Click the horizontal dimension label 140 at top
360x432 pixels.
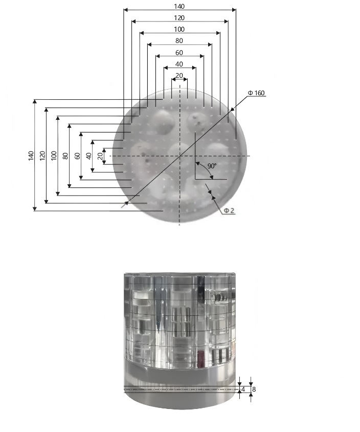point(179,6)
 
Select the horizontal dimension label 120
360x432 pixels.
point(179,18)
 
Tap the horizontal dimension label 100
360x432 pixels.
point(179,29)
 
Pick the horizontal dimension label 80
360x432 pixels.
point(179,40)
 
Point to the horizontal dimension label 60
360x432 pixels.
point(179,53)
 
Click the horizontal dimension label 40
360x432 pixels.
point(179,64)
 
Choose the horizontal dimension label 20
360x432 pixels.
point(179,76)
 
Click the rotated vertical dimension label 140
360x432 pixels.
point(31,156)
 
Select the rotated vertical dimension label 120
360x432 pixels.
point(42,156)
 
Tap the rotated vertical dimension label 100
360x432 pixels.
point(54,156)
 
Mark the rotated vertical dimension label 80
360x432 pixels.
point(65,156)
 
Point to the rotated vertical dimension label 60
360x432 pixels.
point(77,156)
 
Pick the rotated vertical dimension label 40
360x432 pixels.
point(88,156)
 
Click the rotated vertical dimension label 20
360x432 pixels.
point(100,156)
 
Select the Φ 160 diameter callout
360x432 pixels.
point(256,93)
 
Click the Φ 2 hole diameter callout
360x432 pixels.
point(229,210)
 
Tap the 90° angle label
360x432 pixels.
point(212,166)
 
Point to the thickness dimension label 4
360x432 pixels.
point(243,390)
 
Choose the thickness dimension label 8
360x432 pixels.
point(254,390)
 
